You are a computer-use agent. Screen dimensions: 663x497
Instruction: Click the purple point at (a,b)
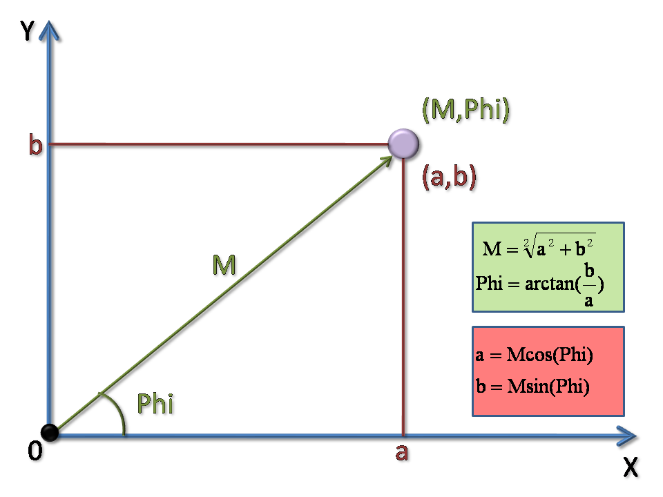pyautogui.click(x=403, y=144)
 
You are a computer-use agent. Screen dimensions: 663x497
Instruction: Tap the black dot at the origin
pyautogui.click(x=49, y=433)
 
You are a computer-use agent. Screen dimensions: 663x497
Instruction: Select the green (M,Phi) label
pyautogui.click(x=465, y=110)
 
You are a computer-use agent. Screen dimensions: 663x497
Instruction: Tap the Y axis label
pyautogui.click(x=28, y=31)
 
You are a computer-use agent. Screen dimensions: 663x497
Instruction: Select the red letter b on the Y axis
pyautogui.click(x=35, y=146)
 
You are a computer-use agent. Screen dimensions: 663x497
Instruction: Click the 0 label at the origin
pyautogui.click(x=35, y=452)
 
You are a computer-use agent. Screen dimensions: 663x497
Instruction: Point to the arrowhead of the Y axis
pyautogui.click(x=48, y=29)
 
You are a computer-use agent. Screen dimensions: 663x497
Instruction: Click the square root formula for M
pyautogui.click(x=539, y=246)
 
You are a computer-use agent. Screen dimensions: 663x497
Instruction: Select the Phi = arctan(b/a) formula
pyautogui.click(x=540, y=283)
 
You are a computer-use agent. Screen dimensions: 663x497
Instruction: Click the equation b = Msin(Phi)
pyautogui.click(x=532, y=387)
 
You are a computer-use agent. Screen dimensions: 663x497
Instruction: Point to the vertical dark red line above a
pyautogui.click(x=403, y=297)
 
